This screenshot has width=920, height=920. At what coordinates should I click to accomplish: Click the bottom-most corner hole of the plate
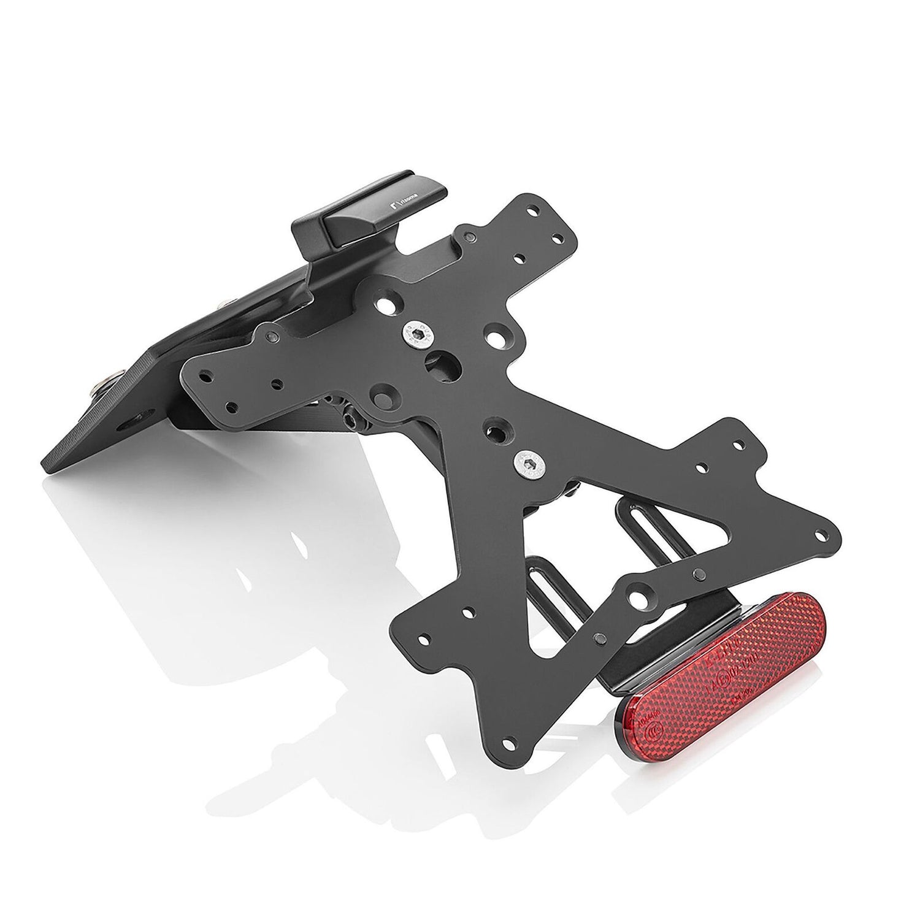tap(507, 743)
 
